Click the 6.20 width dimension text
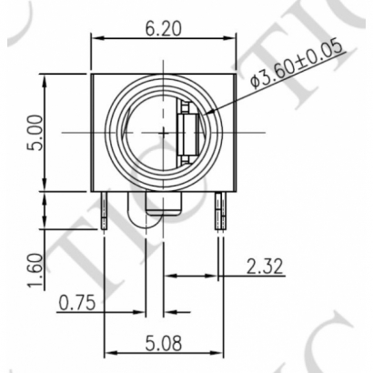(163, 26)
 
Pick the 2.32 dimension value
(264, 266)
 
